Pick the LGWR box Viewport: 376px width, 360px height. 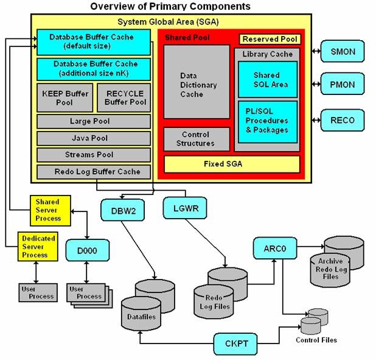tap(182, 209)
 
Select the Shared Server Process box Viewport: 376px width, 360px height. tap(48, 210)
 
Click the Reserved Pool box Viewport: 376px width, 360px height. tap(270, 39)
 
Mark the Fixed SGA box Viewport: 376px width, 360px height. tap(231, 164)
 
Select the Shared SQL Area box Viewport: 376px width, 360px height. tap(267, 79)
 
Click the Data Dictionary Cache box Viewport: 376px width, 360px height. tap(196, 85)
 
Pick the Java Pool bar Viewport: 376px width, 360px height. tap(93, 138)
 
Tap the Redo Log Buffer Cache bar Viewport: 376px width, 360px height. tap(93, 172)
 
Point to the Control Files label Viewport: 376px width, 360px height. tap(316, 340)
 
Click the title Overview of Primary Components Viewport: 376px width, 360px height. tap(170, 7)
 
